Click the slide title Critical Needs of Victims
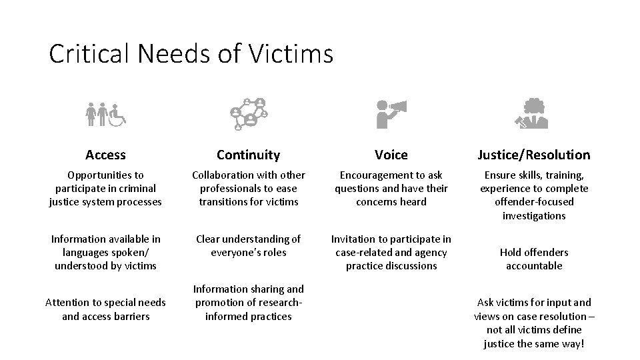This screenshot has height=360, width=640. tap(191, 54)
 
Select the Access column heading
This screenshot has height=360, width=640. tap(105, 155)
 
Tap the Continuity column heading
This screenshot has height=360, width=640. tap(248, 155)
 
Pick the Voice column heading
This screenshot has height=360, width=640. tap(391, 155)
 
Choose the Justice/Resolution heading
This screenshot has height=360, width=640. tap(533, 155)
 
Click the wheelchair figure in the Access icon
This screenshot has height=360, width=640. tap(118, 116)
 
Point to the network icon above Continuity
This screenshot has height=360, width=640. tap(249, 113)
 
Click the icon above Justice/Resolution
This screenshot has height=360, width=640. tap(533, 113)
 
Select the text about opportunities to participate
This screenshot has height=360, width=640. tap(105, 188)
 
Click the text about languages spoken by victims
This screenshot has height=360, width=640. tap(105, 252)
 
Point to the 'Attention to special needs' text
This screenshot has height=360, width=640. tap(105, 309)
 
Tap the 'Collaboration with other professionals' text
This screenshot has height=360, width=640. tap(248, 188)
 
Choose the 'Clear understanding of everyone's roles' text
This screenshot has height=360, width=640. tap(248, 245)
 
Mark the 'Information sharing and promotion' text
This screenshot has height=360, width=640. tap(248, 303)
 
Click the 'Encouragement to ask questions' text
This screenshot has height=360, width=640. tap(391, 188)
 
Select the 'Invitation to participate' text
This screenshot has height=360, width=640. tap(391, 252)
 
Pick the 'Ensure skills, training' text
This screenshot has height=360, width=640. tap(533, 195)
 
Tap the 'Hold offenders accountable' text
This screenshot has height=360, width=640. tap(533, 259)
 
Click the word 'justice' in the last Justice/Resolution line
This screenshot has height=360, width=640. tap(499, 343)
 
